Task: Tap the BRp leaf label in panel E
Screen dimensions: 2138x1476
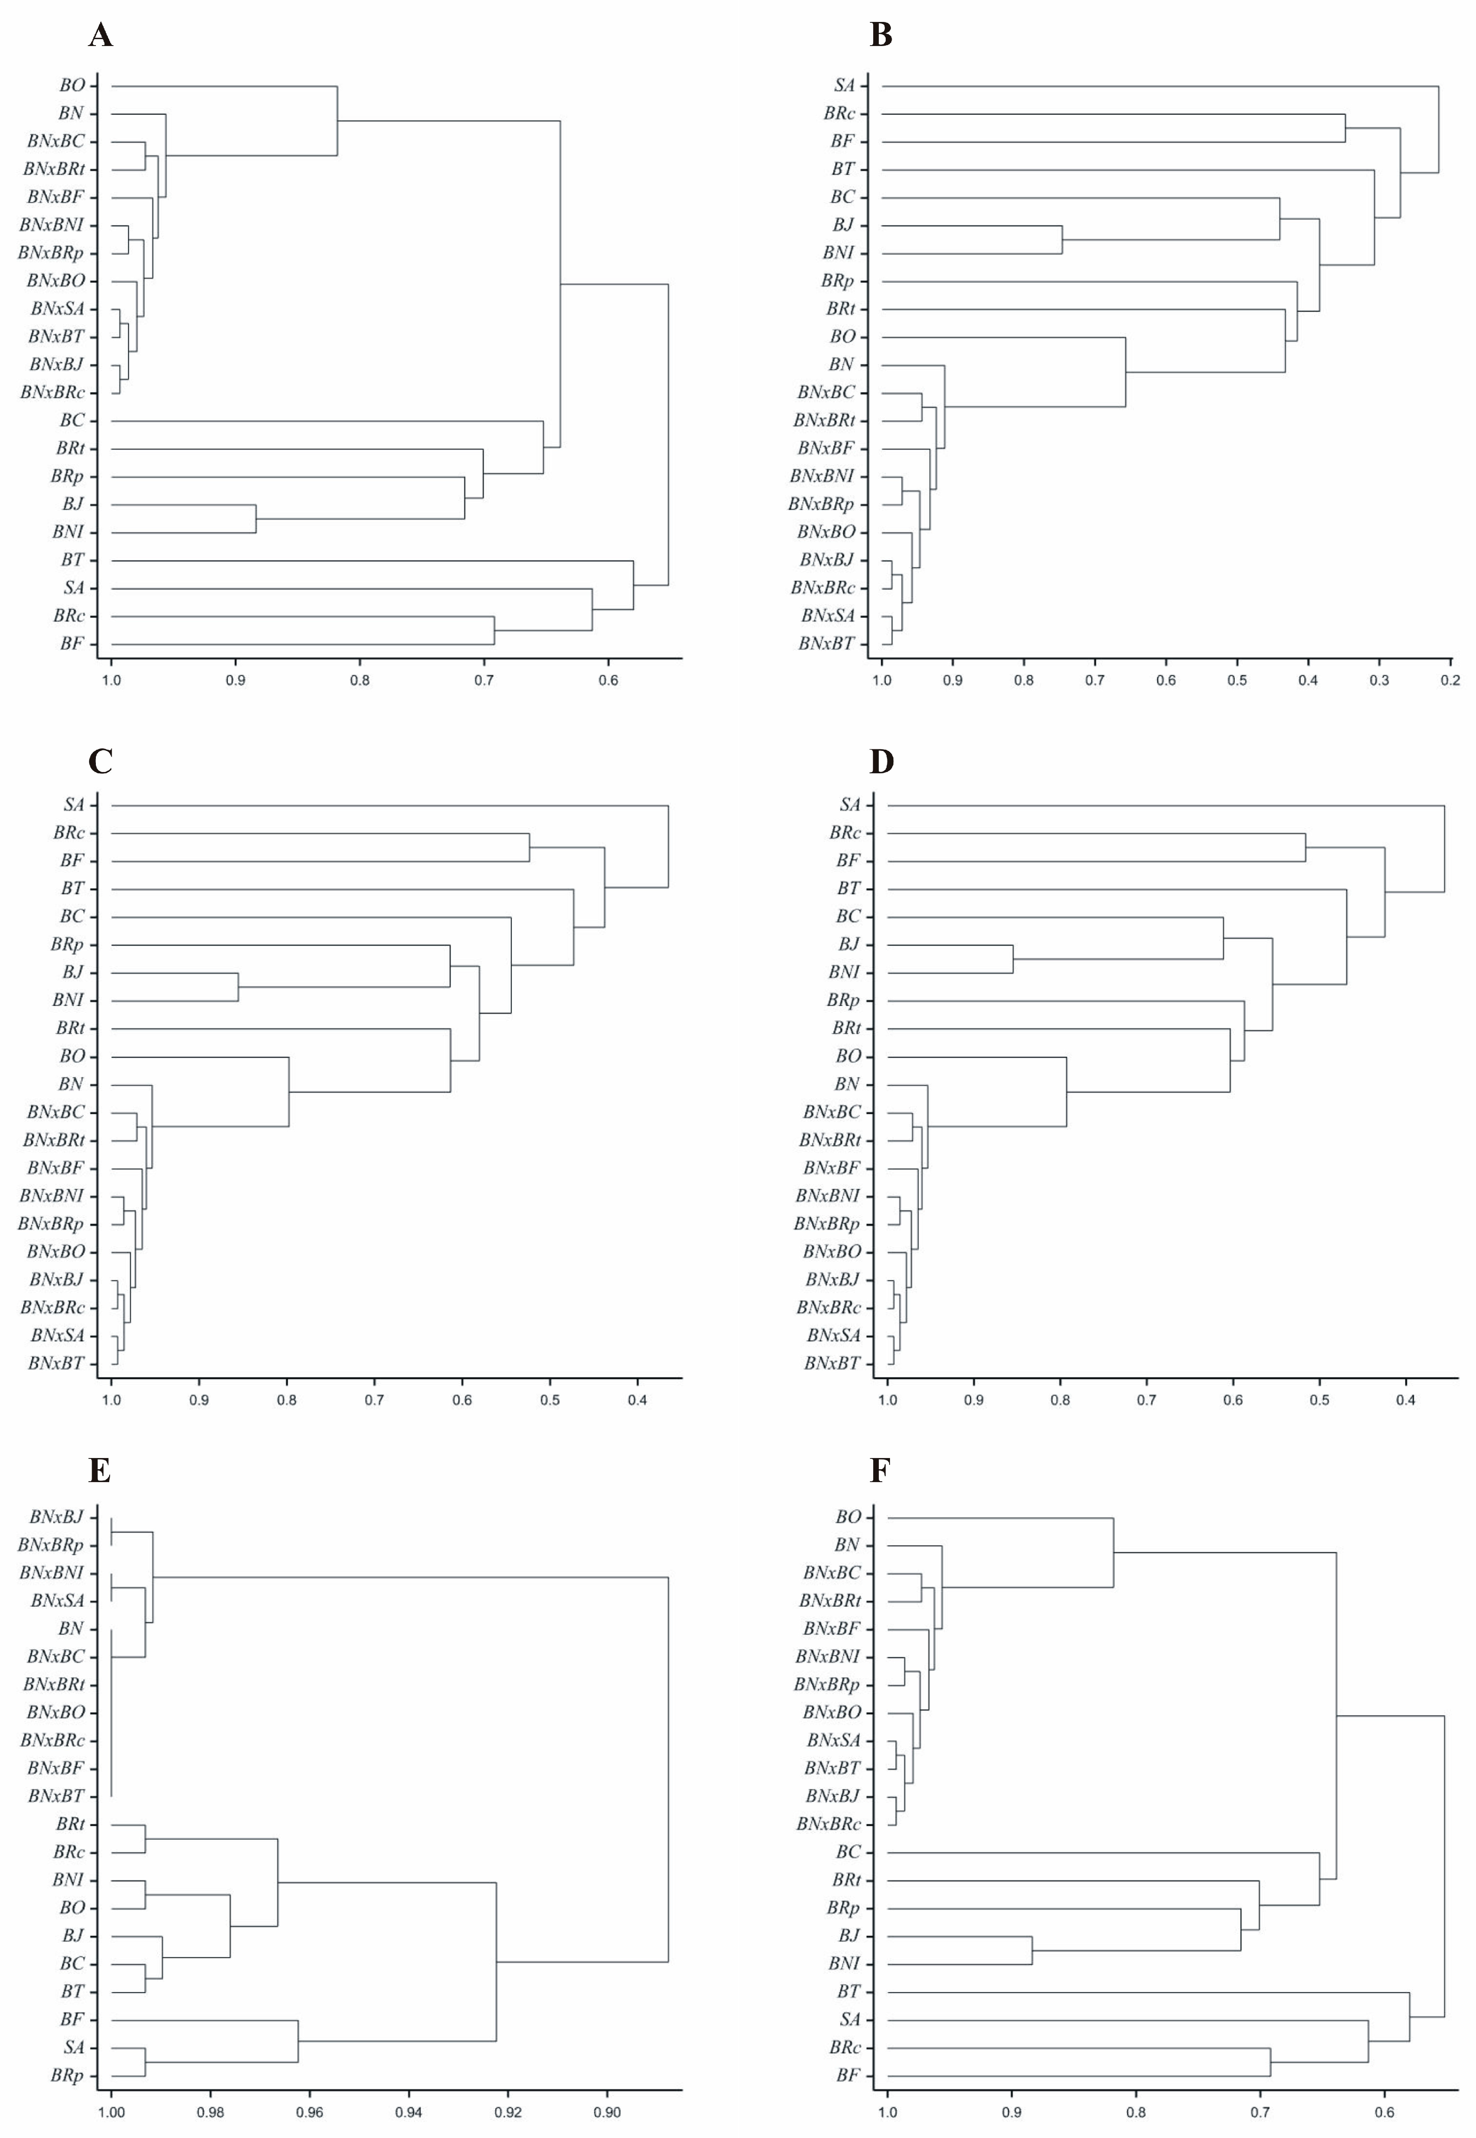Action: point(67,2076)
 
